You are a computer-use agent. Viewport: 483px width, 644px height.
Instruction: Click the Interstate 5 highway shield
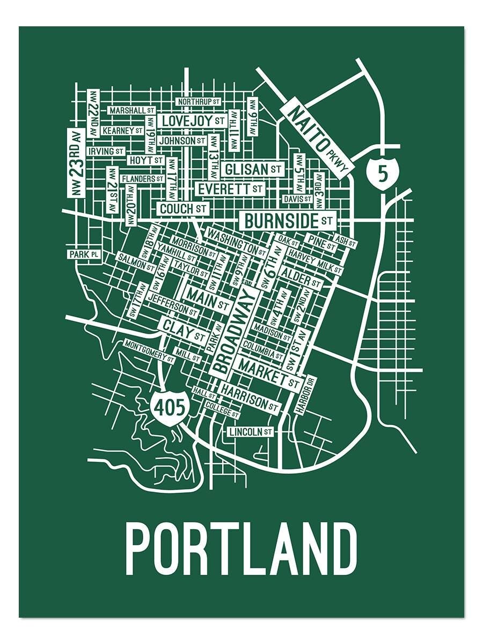click(x=382, y=173)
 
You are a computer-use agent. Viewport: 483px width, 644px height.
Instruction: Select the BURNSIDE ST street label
click(x=288, y=220)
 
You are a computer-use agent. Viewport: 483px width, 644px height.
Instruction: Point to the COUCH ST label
click(x=182, y=208)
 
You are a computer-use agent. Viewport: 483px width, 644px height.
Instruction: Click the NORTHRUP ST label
click(x=199, y=101)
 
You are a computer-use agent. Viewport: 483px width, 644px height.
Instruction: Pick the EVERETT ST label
click(x=230, y=189)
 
